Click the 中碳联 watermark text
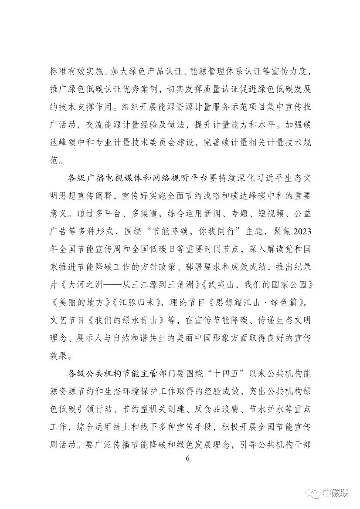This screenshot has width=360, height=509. point(336,492)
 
